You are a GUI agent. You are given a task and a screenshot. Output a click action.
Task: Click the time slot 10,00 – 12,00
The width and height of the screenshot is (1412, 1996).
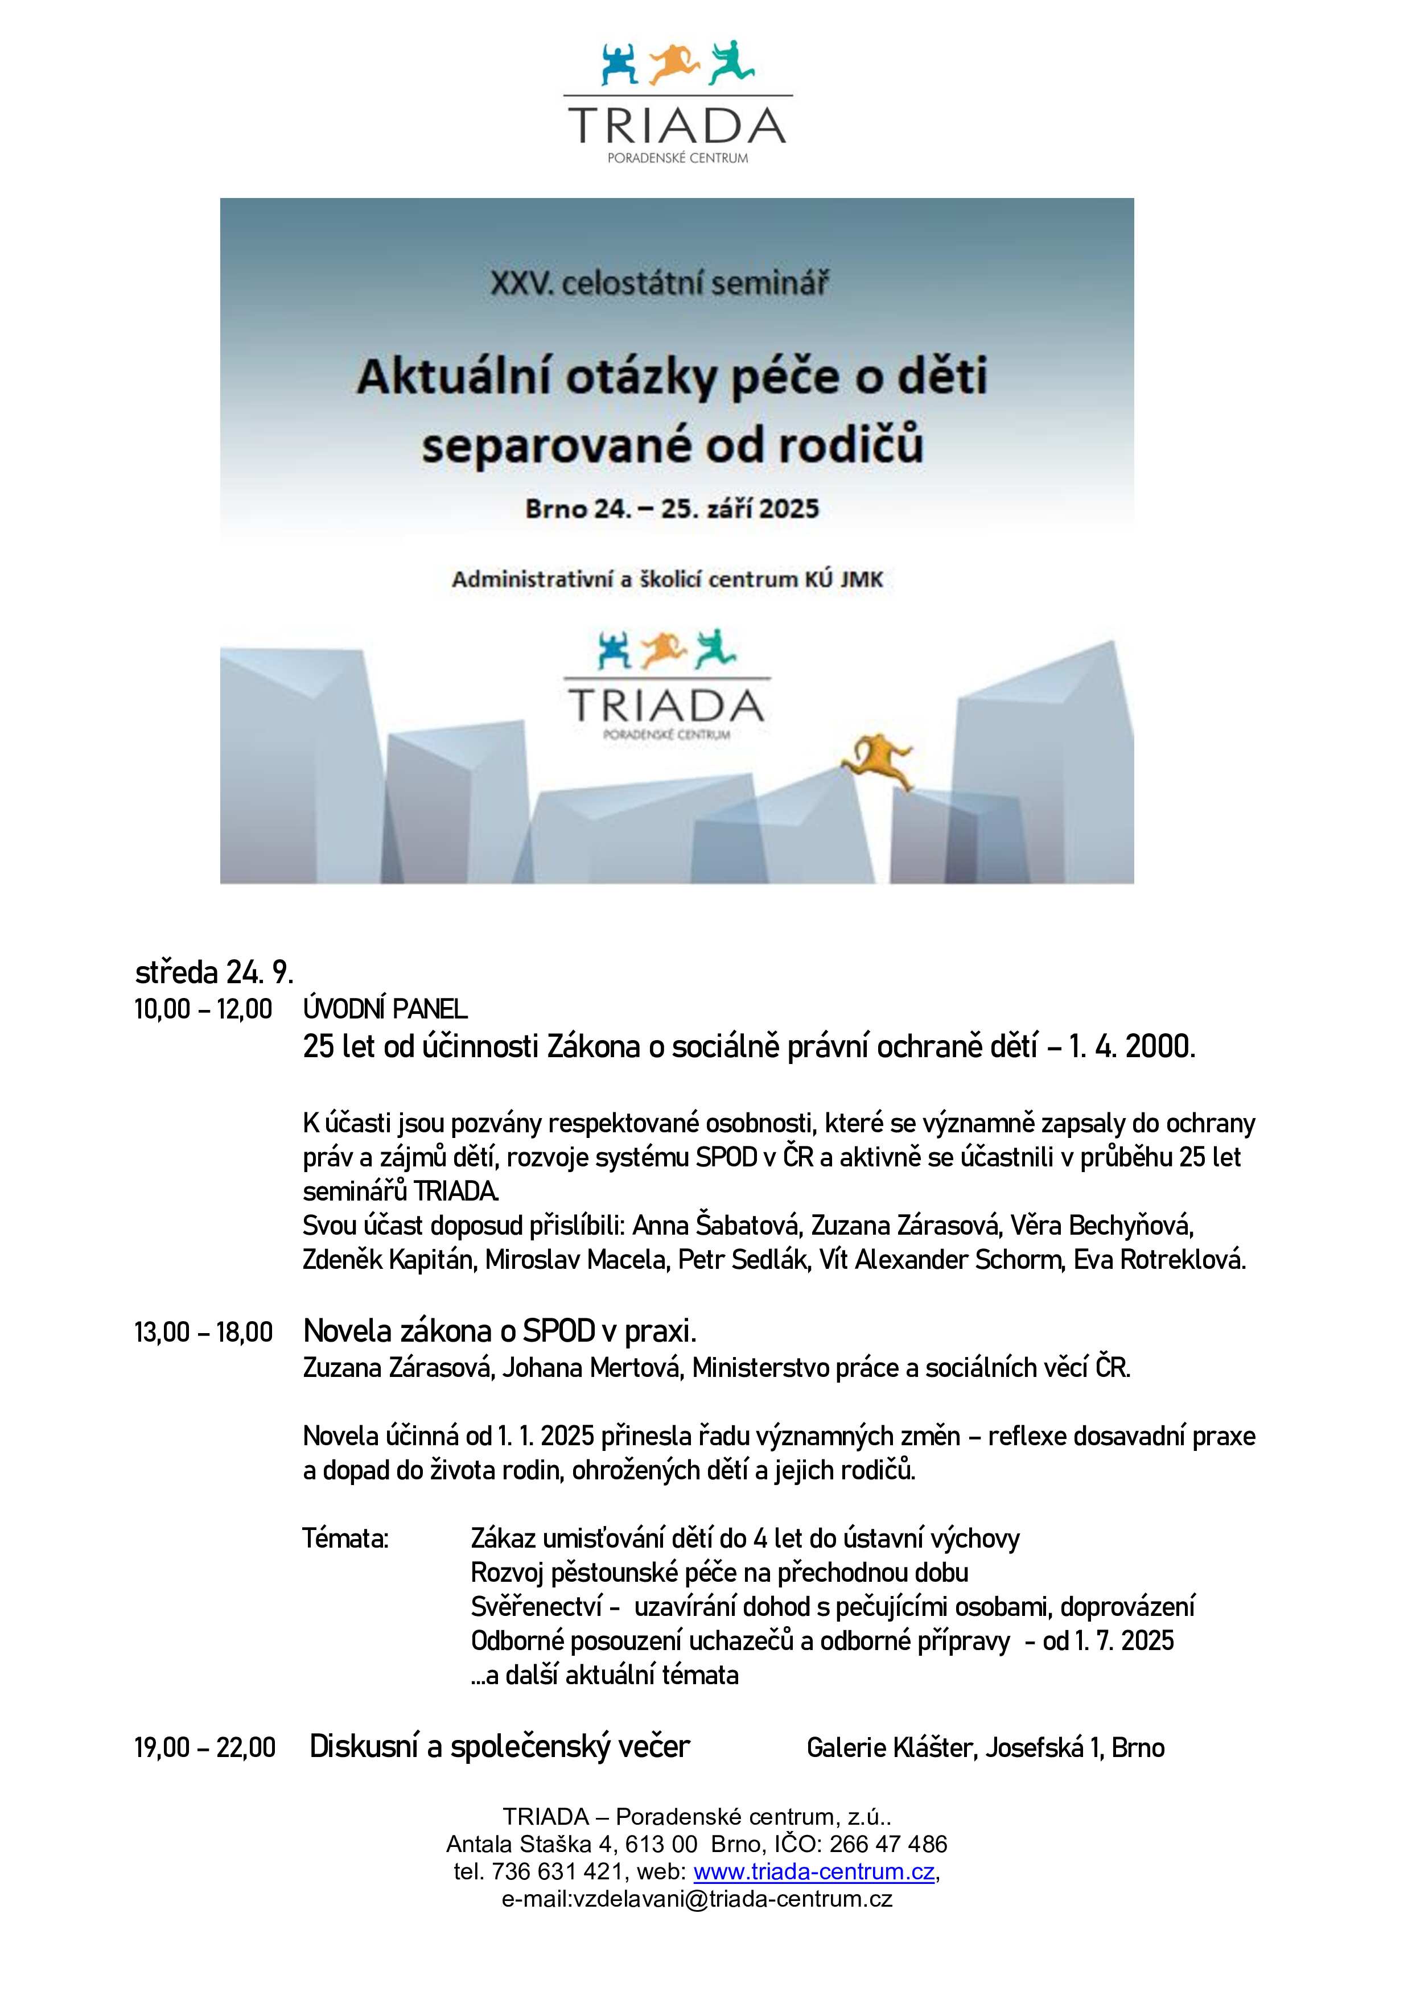(x=203, y=1009)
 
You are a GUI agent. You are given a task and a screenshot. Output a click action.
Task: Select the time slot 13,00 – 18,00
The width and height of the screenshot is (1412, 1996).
(x=203, y=1332)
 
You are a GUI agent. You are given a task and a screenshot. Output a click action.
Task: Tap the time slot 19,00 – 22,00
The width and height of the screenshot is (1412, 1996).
(x=204, y=1747)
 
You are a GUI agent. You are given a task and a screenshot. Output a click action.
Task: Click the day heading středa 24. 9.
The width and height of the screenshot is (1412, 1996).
(x=214, y=971)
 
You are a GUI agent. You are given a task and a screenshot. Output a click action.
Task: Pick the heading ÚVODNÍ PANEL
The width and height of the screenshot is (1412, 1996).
(x=385, y=1009)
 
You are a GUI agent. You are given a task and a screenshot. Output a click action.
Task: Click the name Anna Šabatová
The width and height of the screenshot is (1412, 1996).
(x=715, y=1226)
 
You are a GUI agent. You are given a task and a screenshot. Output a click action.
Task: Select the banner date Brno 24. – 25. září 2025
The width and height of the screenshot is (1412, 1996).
(x=671, y=509)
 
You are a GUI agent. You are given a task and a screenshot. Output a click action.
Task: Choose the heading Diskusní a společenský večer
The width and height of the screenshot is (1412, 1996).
(x=499, y=1747)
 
